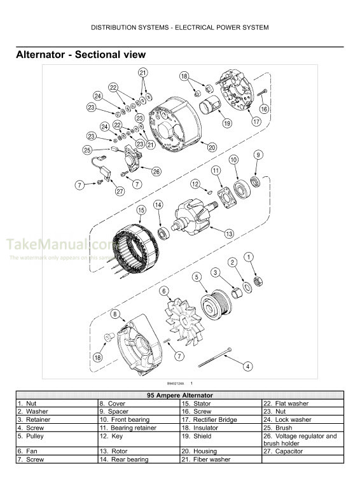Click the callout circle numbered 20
pos(212,147)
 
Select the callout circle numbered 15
pos(141,210)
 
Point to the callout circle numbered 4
pos(248,366)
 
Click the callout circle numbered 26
pos(156,171)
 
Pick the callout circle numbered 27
pos(120,190)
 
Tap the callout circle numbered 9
pos(258,155)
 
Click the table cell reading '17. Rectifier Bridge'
pos(221,420)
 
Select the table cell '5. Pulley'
pos(56,437)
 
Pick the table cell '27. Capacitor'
pos(303,451)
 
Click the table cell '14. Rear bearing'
pos(138,459)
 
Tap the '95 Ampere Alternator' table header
pos(180,395)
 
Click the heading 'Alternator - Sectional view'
pos(80,55)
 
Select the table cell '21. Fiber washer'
pos(221,459)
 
